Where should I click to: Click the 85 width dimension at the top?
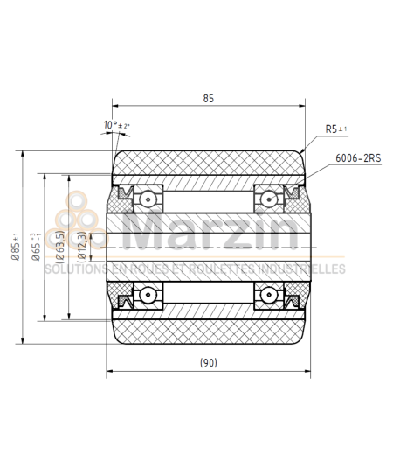[208, 100]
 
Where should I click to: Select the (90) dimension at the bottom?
[208, 361]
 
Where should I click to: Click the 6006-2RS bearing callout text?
[358, 158]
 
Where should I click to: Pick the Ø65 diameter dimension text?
[37, 248]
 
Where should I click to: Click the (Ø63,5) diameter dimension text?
[59, 248]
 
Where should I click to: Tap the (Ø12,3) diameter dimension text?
[81, 248]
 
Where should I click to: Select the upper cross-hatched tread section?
[208, 166]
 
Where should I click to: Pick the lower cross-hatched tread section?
[208, 328]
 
